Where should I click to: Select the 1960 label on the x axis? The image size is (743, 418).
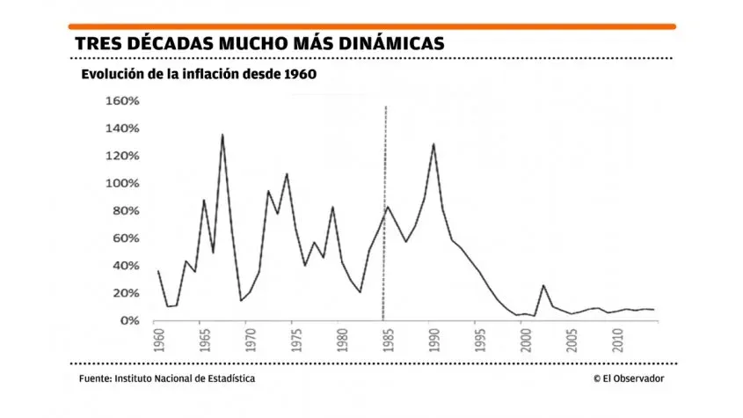tap(158, 340)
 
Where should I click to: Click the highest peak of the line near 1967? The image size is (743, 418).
tap(222, 135)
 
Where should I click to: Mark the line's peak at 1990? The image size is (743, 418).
tap(433, 143)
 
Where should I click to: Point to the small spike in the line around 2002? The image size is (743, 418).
tap(543, 285)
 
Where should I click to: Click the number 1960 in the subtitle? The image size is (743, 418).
tap(299, 75)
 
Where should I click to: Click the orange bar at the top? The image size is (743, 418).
tap(371, 26)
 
